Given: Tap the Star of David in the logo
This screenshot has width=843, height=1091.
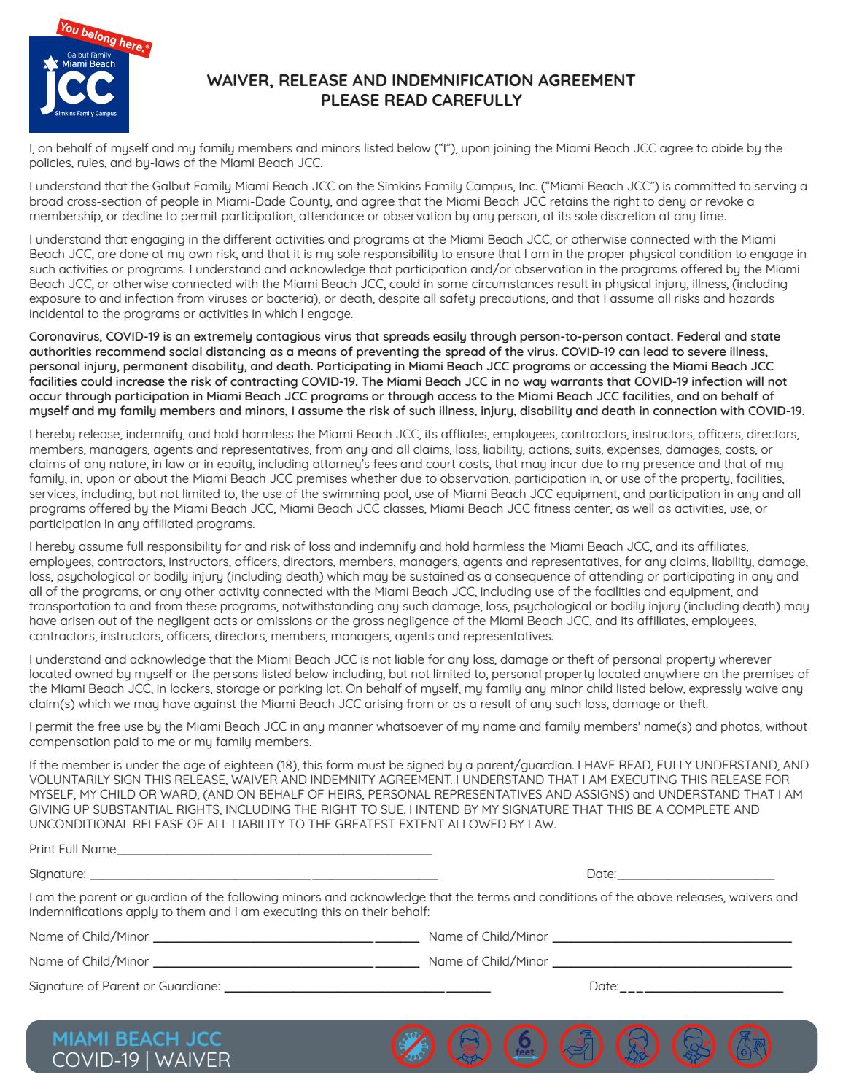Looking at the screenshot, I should coord(52,63).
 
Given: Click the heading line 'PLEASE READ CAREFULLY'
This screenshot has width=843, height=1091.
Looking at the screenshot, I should coord(421,100).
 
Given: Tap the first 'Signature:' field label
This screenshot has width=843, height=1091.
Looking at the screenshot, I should coord(58,874).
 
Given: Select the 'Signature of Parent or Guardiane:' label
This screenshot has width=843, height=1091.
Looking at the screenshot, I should coord(125,987).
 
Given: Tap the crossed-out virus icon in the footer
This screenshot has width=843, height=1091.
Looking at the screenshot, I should coord(413,1046).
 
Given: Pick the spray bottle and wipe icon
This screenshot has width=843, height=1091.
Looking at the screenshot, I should coord(750,1046).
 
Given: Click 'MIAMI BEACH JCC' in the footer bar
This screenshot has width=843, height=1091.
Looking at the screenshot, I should coord(137,1038).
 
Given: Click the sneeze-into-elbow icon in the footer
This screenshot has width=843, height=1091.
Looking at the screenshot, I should coord(694,1046).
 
